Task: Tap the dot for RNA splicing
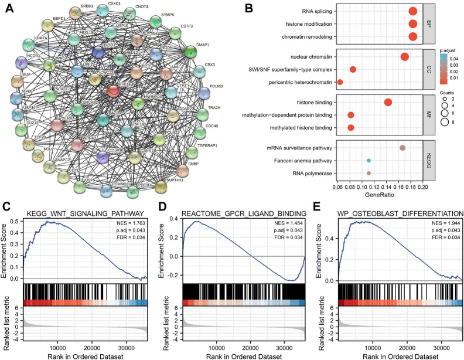pyautogui.click(x=412, y=11)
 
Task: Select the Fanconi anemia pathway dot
pyautogui.click(x=369, y=160)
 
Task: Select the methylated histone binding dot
pyautogui.click(x=351, y=127)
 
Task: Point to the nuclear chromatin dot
pyautogui.click(x=404, y=56)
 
